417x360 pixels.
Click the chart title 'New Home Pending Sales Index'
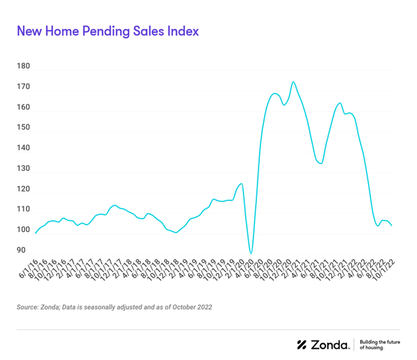coord(107,31)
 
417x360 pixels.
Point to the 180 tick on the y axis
coord(23,66)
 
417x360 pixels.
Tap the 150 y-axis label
coord(23,127)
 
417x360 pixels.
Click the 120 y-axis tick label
coord(23,189)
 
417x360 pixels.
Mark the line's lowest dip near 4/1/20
coord(251,254)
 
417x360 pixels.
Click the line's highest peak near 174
coord(293,82)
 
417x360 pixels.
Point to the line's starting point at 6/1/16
coord(36,233)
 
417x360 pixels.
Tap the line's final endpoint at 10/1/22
coord(392,225)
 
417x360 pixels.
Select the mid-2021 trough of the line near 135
coord(321,164)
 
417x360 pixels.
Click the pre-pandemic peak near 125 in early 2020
coord(241,184)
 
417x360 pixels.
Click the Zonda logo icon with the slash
coord(302,344)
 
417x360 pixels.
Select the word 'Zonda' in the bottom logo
coord(330,344)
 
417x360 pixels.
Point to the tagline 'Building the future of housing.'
coord(380,344)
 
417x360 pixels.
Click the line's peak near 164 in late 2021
coord(340,103)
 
